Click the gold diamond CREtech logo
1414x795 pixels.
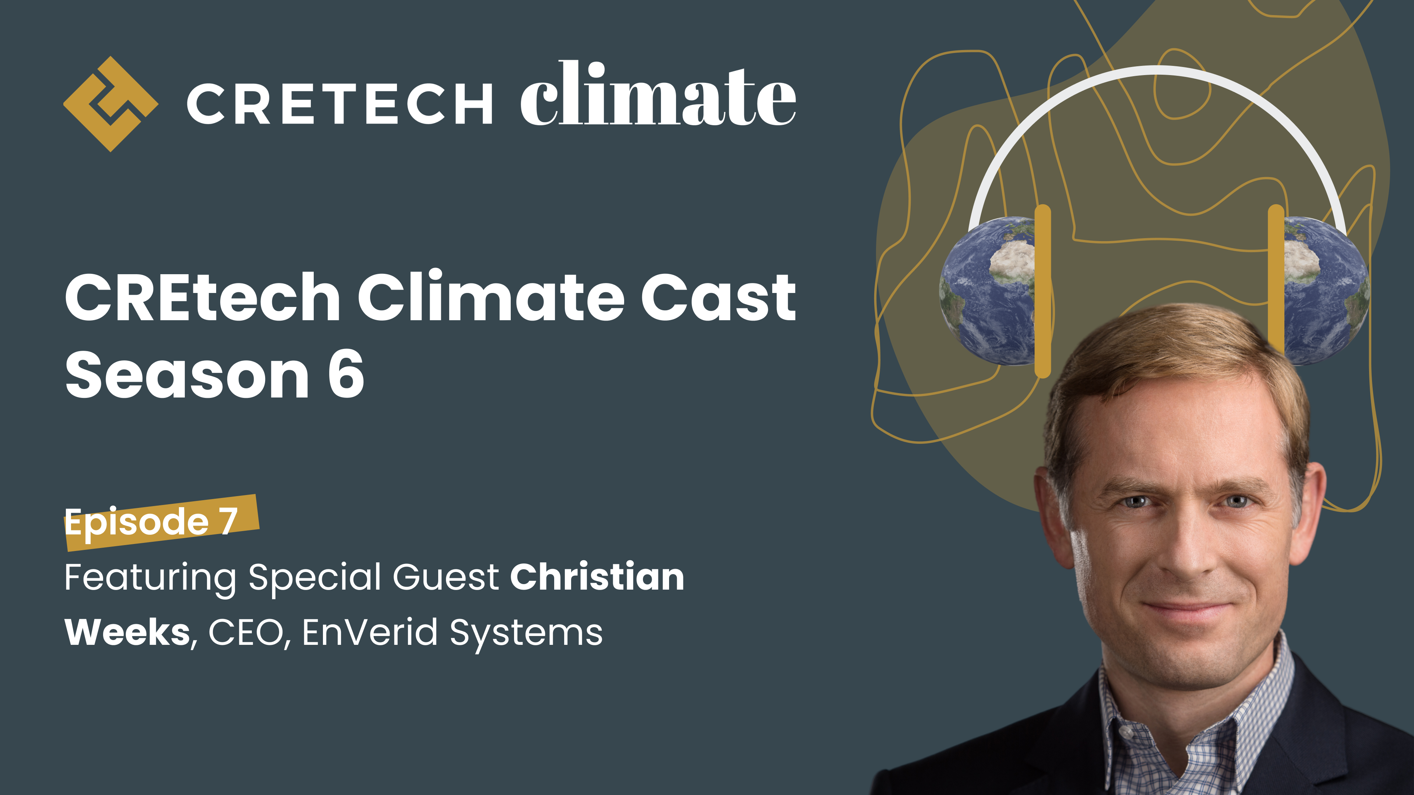110,104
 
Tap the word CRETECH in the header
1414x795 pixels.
339,104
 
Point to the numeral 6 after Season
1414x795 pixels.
346,375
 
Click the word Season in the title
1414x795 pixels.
187,375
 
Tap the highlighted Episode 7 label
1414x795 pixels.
151,521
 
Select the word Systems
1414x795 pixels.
526,634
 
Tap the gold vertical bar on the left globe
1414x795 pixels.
1042,291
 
